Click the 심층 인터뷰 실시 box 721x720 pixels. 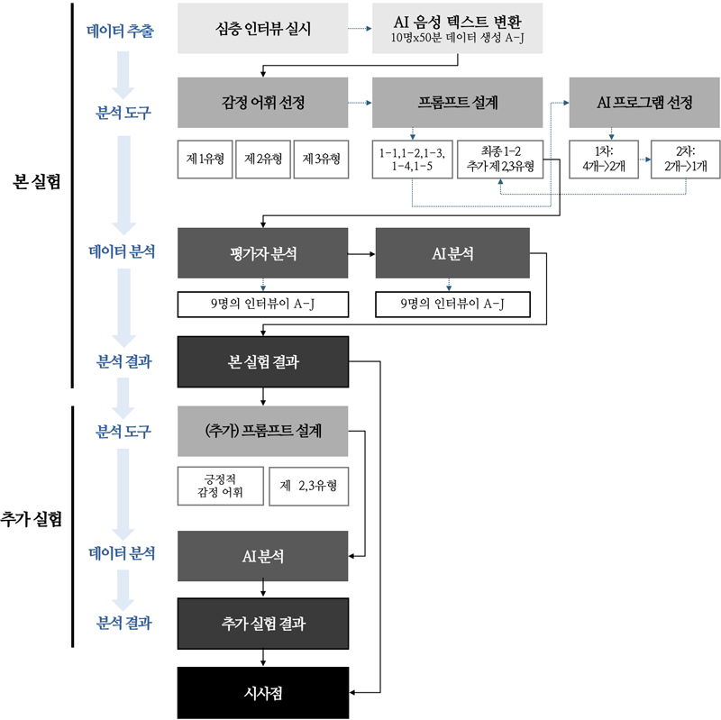(x=263, y=28)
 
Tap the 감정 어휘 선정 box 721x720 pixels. (x=263, y=102)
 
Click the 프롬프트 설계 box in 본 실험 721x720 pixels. (x=458, y=102)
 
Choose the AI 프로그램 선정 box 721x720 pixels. (x=644, y=102)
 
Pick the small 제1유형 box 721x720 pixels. (x=205, y=159)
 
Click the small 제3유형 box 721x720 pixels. (x=321, y=159)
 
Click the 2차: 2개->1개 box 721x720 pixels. (x=686, y=159)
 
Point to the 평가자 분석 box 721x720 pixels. (x=263, y=253)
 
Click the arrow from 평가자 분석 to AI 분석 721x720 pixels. (x=361, y=253)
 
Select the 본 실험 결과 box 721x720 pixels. (x=263, y=362)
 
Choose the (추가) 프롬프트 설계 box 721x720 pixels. (x=263, y=431)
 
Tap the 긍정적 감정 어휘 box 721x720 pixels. (x=220, y=485)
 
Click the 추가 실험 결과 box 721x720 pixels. (x=263, y=623)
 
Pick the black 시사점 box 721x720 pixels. (x=263, y=692)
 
